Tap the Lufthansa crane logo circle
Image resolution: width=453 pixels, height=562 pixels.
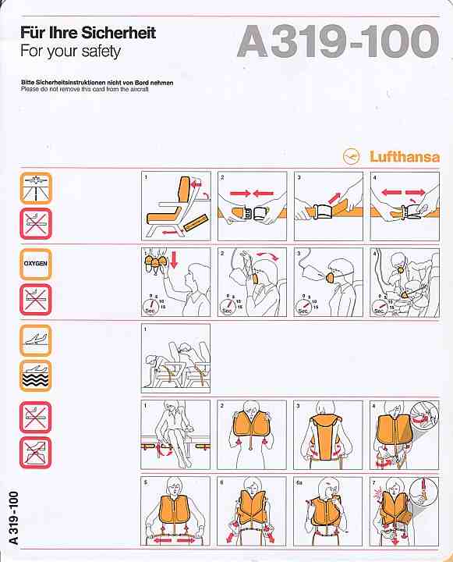coord(349,156)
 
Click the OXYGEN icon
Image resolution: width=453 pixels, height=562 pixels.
coord(36,264)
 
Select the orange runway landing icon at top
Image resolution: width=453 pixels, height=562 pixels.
coord(36,187)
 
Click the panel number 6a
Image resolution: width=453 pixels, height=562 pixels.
coord(300,482)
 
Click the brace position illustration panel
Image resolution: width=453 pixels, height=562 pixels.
coord(175,358)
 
